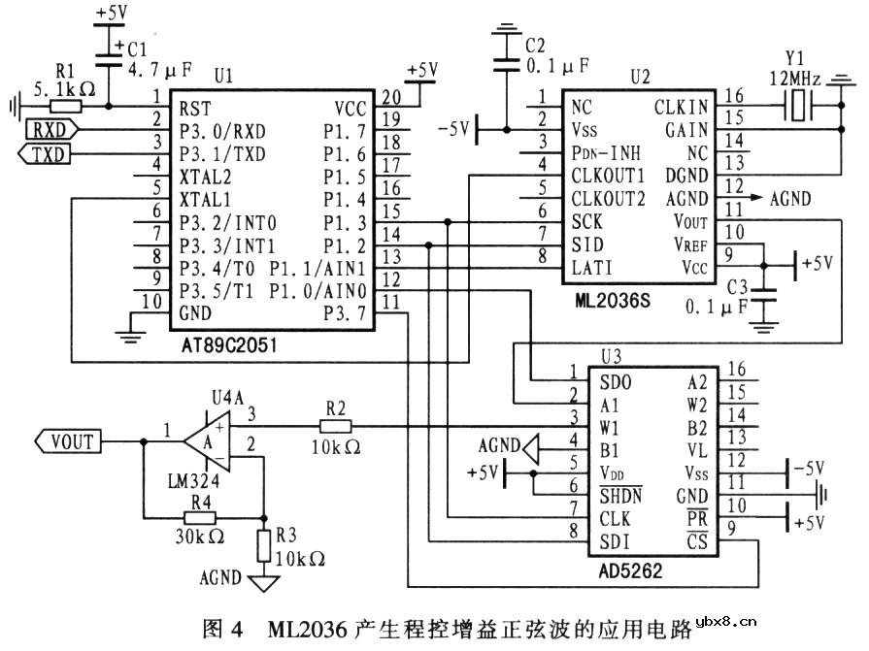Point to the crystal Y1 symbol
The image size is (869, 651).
798,108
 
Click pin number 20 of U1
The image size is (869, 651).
389,96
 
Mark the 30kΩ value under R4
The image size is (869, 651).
201,537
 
